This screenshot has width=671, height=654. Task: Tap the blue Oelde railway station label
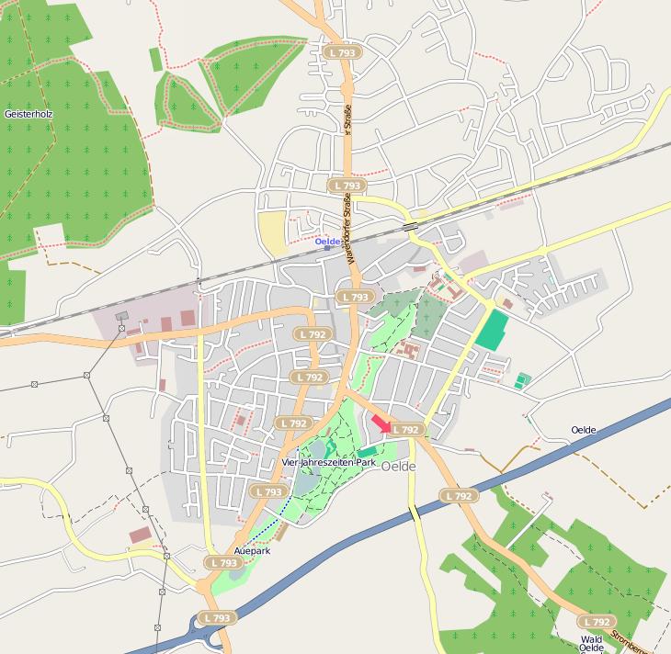pos(328,242)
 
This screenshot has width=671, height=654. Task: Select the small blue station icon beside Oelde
pos(327,248)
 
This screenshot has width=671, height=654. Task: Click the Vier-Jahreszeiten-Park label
pos(329,463)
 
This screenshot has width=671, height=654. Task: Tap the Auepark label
pos(252,550)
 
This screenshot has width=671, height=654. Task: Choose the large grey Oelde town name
pos(399,467)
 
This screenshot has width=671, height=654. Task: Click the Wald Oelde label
pos(591,644)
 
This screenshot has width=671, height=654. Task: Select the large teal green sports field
pos(493,330)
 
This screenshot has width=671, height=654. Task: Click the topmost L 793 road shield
pos(342,53)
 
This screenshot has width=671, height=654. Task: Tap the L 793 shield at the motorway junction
pos(216,618)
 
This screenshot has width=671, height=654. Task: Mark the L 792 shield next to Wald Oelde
pos(596,622)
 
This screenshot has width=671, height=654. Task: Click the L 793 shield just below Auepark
pos(224,563)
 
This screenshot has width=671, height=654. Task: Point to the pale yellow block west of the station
pos(272,232)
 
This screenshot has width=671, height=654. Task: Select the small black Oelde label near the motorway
pos(584,430)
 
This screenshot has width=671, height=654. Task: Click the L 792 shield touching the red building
pos(405,429)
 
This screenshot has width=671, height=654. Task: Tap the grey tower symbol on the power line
pos(121,317)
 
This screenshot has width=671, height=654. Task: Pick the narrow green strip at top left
pos(155,59)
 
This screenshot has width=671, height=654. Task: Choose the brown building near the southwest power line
pos(141,535)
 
